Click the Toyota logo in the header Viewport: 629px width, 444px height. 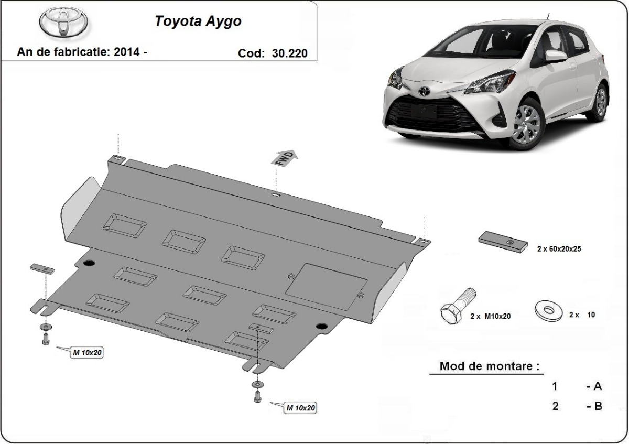point(64,23)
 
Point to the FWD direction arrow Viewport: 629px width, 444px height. point(284,158)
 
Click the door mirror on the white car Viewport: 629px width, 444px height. point(555,56)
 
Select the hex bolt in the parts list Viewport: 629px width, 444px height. point(457,307)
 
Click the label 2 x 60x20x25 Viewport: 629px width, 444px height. point(559,249)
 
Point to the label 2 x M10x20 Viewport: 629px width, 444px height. point(490,316)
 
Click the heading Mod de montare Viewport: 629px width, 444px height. point(489,366)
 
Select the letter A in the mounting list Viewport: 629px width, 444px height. point(597,387)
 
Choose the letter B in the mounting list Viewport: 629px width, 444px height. point(597,406)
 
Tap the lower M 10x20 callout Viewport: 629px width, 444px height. point(301,407)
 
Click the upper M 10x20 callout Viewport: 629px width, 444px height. point(87,353)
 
